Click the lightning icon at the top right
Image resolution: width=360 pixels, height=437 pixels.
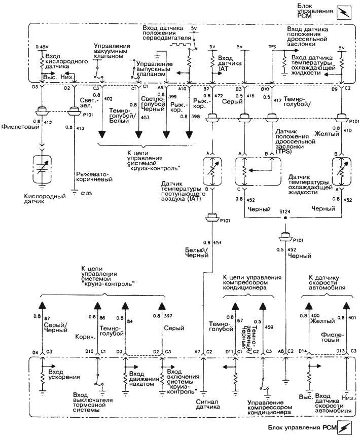point(347,12)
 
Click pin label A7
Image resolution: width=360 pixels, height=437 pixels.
point(197,351)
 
